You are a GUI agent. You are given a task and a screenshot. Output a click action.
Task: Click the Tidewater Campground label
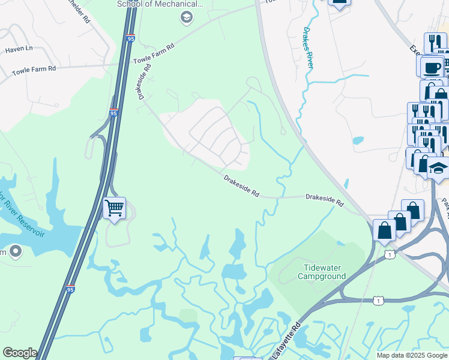click(x=322, y=271)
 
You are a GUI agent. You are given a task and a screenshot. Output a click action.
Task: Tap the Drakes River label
click(x=308, y=46)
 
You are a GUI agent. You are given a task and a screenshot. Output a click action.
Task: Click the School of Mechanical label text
click(x=161, y=4)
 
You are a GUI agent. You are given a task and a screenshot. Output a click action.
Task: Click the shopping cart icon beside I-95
click(x=114, y=209)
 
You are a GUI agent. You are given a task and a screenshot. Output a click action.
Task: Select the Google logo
click(x=19, y=353)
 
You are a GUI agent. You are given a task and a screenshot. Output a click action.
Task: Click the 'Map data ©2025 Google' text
click(x=411, y=355)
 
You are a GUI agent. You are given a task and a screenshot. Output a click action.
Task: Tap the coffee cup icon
click(x=432, y=67)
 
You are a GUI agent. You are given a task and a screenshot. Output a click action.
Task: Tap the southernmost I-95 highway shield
click(x=71, y=289)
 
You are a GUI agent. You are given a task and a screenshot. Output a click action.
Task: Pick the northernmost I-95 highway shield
click(x=131, y=40)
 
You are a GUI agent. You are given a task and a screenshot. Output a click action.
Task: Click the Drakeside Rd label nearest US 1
click(x=324, y=200)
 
